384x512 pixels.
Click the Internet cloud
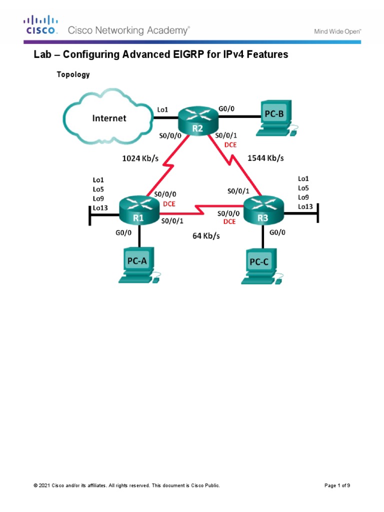pyautogui.click(x=108, y=118)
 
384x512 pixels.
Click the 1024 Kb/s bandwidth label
pyautogui.click(x=141, y=158)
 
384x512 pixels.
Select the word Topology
pyautogui.click(x=73, y=74)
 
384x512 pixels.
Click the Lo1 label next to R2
pyautogui.click(x=162, y=108)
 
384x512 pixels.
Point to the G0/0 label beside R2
pyautogui.click(x=226, y=107)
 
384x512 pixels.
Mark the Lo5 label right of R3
pyautogui.click(x=303, y=187)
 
